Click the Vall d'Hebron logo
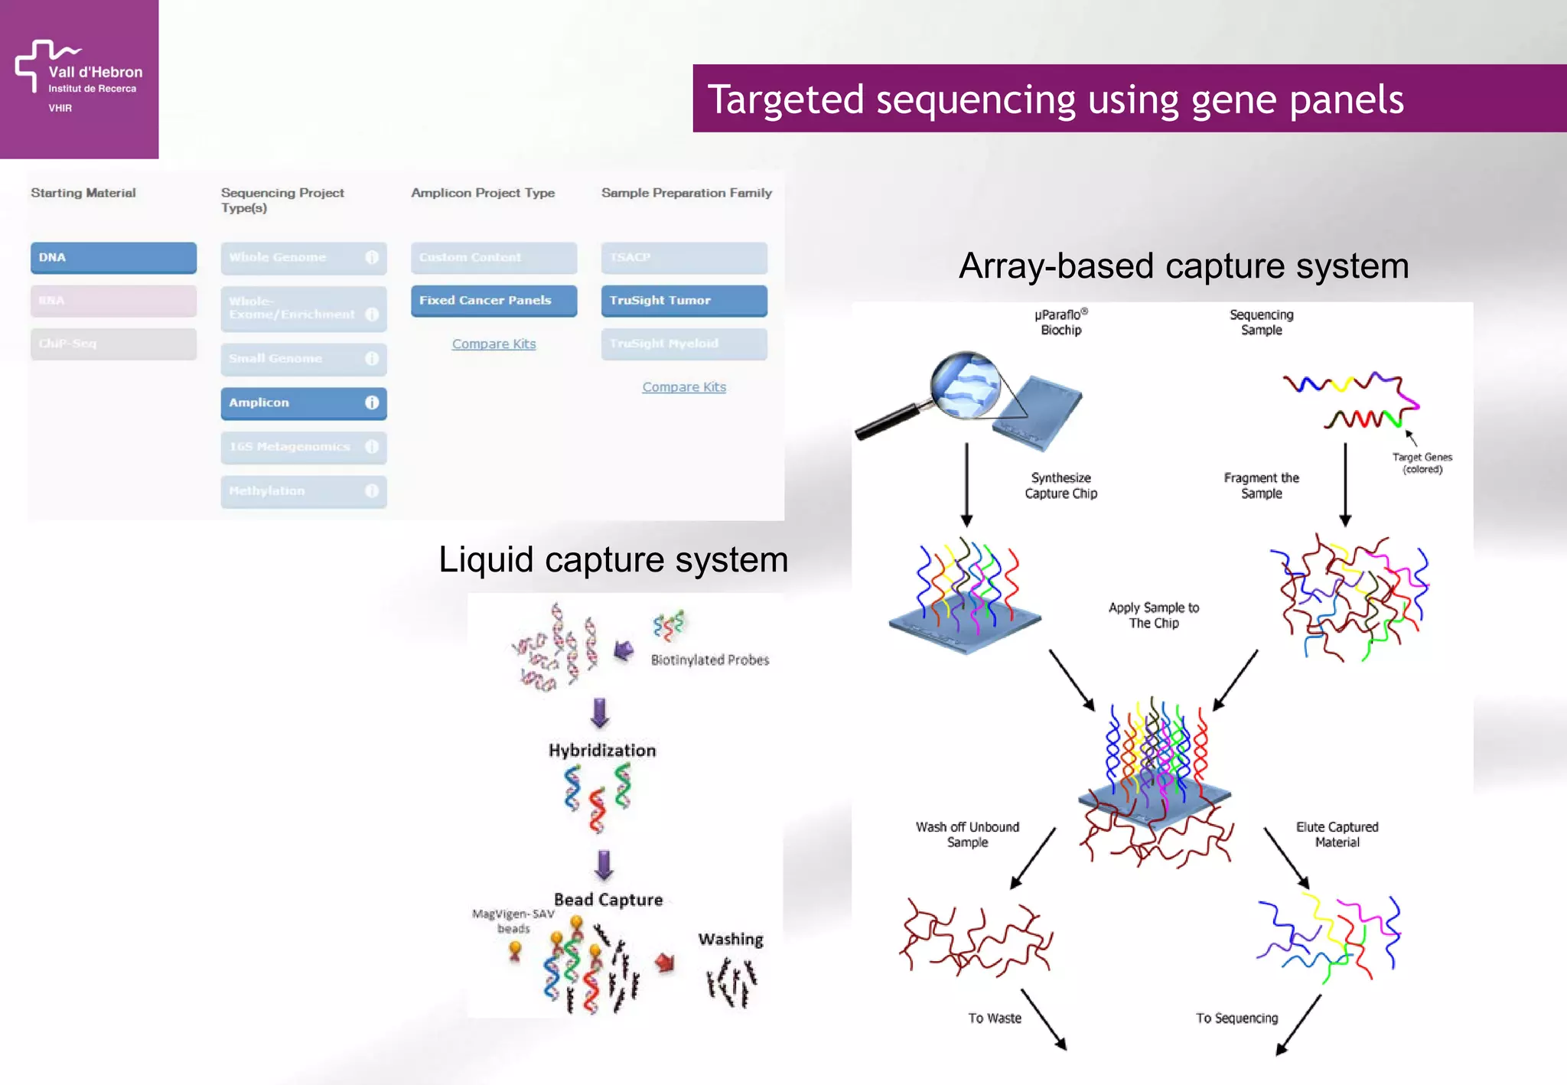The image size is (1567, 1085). point(79,77)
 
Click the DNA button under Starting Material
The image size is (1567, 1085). point(113,258)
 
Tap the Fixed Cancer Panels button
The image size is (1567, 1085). point(494,301)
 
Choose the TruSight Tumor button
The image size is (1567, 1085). point(683,301)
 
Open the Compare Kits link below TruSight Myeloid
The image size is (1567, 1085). point(684,387)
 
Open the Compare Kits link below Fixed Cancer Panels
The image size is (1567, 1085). point(494,344)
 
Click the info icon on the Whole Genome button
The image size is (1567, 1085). point(372,258)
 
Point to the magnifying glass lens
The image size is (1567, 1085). point(966,384)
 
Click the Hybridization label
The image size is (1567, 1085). point(602,751)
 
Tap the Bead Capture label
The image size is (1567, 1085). point(608,900)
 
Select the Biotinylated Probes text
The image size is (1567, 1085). point(710,660)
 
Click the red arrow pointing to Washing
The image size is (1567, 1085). point(665,963)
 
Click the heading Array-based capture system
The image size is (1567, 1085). point(1183,266)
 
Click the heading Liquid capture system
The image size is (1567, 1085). point(613,559)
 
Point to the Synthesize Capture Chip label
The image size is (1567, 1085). point(1060,486)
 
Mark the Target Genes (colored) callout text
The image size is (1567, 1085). point(1422,463)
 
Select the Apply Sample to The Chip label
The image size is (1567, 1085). point(1154,615)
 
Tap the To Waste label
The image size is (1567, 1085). point(994,1018)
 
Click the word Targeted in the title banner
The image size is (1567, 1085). point(786,99)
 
